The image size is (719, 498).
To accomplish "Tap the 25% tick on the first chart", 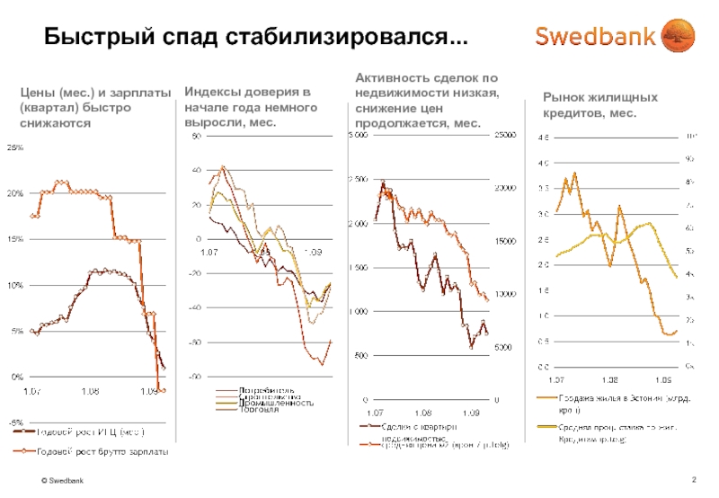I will coord(17,147).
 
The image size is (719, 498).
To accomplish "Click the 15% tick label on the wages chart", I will coord(17,239).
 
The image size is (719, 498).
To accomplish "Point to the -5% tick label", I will coord(17,422).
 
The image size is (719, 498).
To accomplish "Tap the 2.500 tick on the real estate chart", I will coord(358,179).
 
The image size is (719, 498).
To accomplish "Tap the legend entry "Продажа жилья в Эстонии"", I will coord(620,397).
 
